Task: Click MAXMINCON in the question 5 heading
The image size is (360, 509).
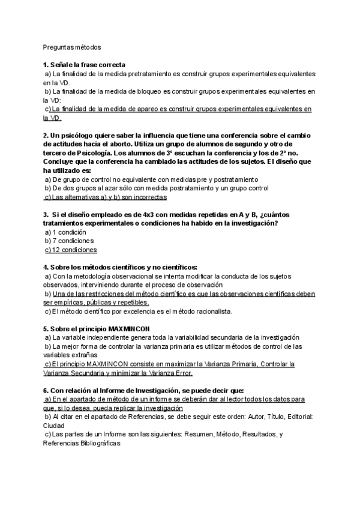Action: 128,329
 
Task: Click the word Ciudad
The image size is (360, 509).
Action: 55,424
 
